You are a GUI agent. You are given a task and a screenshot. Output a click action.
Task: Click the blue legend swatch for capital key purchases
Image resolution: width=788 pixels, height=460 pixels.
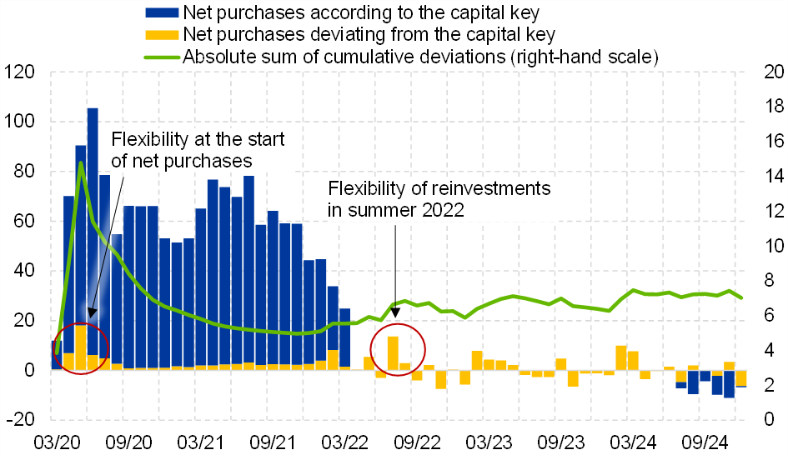162,13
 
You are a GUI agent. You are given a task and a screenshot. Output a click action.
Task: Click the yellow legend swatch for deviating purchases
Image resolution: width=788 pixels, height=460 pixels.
162,35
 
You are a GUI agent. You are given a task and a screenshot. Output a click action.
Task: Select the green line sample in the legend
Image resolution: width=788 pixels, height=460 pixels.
162,57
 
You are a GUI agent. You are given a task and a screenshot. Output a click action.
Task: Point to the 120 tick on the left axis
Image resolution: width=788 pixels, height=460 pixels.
20,72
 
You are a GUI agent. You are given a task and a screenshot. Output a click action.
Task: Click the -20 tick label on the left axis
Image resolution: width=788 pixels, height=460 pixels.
20,419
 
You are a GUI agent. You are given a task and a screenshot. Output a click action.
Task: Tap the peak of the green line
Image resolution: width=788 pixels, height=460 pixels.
80,162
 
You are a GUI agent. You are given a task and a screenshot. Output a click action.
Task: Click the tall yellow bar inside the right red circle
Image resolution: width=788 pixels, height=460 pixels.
393,352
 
